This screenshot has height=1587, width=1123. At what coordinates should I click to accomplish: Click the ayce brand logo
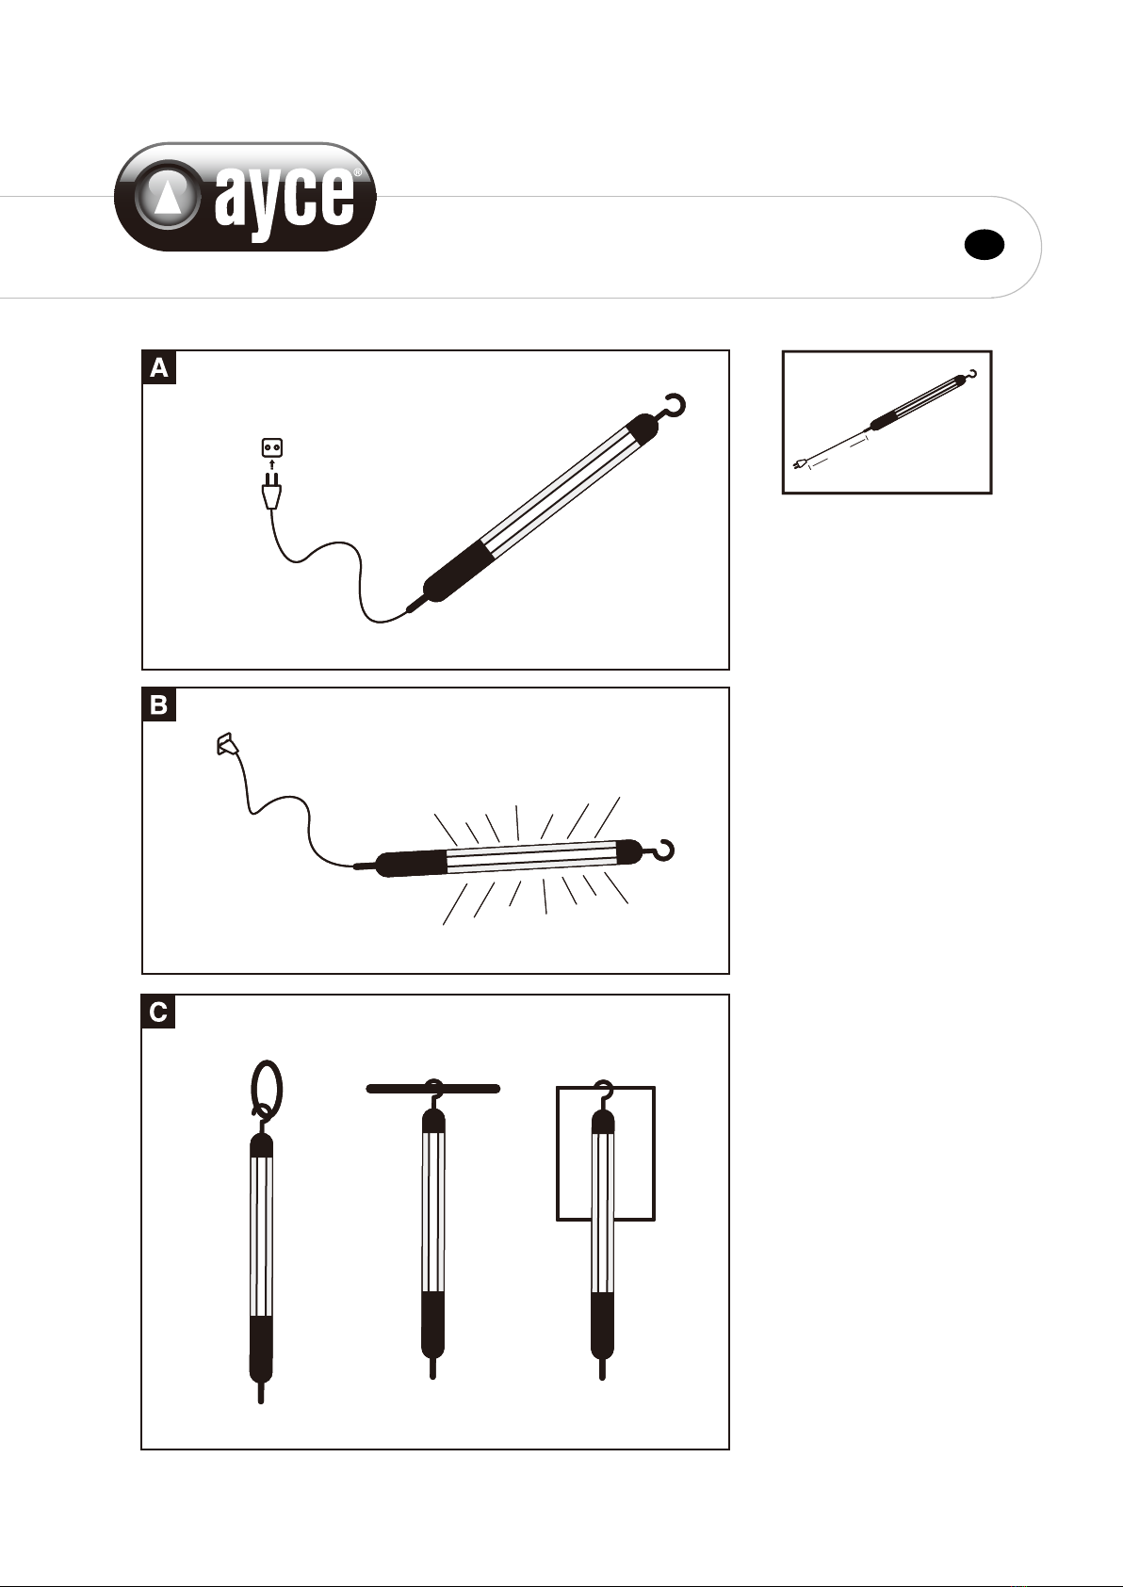click(245, 197)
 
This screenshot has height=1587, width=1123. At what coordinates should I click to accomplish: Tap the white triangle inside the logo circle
click(167, 195)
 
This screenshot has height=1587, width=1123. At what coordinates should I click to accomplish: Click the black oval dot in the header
click(985, 245)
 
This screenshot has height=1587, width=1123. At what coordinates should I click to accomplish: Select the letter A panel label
click(158, 367)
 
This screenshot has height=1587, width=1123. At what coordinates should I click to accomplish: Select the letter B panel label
click(158, 704)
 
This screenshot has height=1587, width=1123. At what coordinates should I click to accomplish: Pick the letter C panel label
click(158, 1012)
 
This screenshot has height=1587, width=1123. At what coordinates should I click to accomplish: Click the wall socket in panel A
click(272, 447)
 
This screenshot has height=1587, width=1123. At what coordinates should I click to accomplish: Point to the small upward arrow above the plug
click(272, 465)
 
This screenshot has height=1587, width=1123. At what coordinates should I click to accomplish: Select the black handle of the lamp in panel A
click(454, 572)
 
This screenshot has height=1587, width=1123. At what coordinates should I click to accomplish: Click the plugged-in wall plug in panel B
click(227, 744)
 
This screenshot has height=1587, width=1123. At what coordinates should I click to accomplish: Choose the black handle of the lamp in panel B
click(410, 864)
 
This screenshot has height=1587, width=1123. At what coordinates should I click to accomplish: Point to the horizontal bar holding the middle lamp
click(433, 1088)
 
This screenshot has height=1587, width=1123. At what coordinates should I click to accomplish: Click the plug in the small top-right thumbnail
click(800, 464)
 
